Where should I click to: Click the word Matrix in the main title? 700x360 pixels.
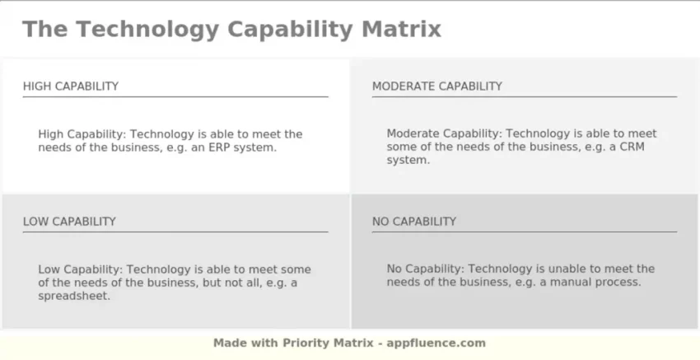pos(401,30)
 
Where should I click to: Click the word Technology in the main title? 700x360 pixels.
pos(147,30)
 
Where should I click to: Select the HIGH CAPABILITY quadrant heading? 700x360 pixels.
pos(71,86)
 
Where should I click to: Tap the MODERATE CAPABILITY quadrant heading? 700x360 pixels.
pos(437,86)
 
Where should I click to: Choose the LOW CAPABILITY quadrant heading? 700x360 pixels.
pos(69,222)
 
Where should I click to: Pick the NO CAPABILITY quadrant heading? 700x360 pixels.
pos(414,222)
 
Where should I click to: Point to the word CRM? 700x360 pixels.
pos(632,147)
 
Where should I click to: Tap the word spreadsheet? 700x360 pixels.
pos(73,296)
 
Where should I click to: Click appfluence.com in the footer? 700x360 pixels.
pos(436,343)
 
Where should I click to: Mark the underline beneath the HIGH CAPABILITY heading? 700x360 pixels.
pos(175,96)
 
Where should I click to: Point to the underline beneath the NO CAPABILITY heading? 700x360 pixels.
pos(525,231)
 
